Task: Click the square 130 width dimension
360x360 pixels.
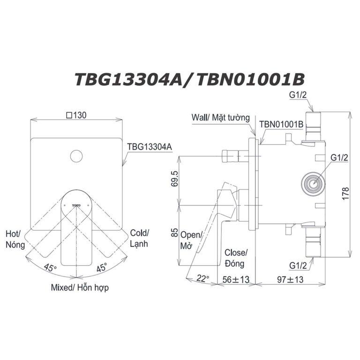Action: point(78,114)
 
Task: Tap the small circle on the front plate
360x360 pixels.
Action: point(75,156)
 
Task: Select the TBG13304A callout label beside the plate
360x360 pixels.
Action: point(150,146)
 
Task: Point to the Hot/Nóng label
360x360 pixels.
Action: point(14,239)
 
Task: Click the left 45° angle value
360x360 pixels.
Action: point(50,268)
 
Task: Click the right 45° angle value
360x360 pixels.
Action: point(102,268)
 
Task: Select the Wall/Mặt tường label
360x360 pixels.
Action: point(221,118)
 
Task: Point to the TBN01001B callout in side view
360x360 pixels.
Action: point(282,125)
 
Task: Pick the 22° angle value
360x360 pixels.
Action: point(203,279)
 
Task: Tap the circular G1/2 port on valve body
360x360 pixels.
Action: point(312,182)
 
